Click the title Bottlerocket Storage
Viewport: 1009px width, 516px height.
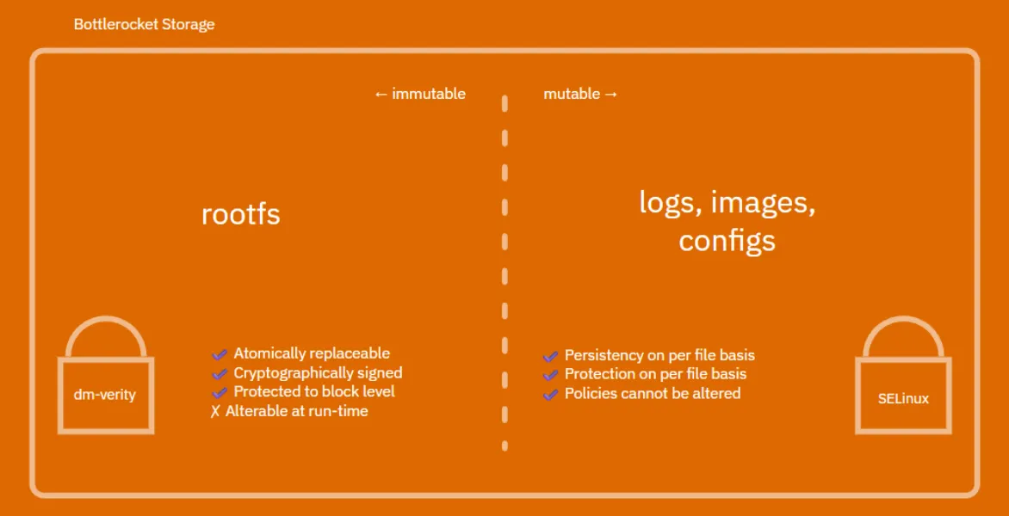click(144, 24)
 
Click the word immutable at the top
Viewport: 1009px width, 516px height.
click(429, 94)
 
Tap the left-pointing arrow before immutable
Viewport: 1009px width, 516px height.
click(381, 94)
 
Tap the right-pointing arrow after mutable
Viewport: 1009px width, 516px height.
click(611, 94)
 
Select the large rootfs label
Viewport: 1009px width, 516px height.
click(240, 213)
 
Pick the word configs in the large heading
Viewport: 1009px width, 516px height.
click(727, 241)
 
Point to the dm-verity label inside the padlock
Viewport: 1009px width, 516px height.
click(105, 395)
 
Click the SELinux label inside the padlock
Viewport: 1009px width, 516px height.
click(903, 399)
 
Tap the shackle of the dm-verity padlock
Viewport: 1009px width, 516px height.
click(105, 331)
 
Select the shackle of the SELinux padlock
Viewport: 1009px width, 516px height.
click(903, 333)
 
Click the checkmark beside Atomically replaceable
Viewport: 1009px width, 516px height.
click(220, 354)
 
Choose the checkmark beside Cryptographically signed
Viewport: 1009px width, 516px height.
click(220, 374)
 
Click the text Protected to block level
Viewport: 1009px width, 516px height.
click(314, 391)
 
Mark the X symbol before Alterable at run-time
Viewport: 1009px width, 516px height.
click(215, 412)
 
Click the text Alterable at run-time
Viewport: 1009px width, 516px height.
click(296, 411)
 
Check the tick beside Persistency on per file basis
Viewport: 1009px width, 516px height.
click(550, 356)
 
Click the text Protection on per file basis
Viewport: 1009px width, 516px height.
click(655, 374)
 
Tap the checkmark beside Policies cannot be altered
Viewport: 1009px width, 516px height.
click(550, 394)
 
